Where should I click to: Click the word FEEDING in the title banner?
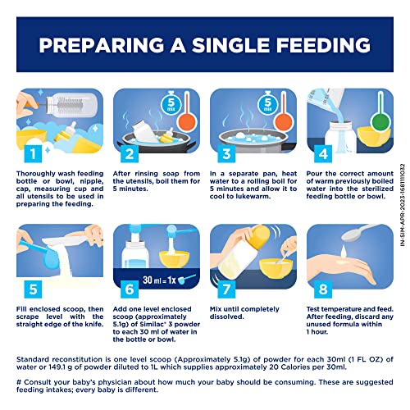click(x=323, y=45)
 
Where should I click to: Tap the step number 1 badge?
click(x=33, y=153)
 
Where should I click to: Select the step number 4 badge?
click(x=323, y=153)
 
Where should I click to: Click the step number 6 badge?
click(x=130, y=289)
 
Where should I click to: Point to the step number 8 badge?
click(x=323, y=289)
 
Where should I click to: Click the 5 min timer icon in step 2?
click(x=171, y=103)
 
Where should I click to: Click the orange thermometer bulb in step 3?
click(x=284, y=122)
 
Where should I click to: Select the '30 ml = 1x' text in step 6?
click(x=159, y=280)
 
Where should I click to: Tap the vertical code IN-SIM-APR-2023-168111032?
click(x=403, y=205)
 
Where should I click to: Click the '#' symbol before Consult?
click(x=19, y=382)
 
